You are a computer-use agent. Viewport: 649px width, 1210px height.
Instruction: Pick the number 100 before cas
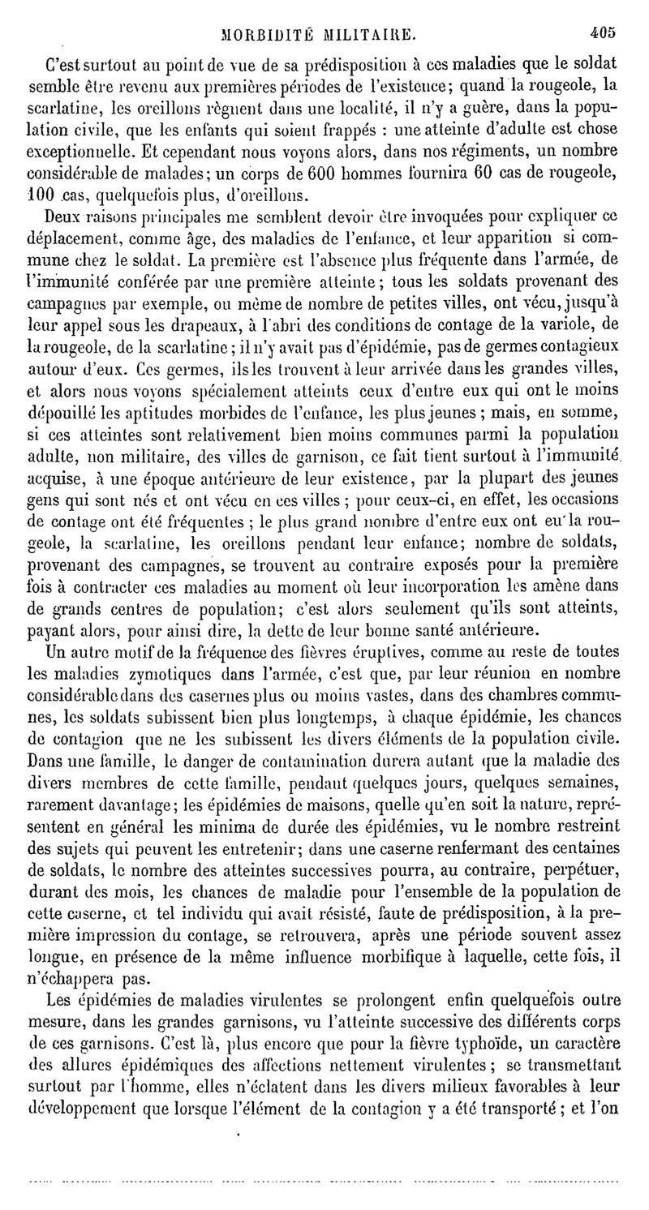tap(41, 195)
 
